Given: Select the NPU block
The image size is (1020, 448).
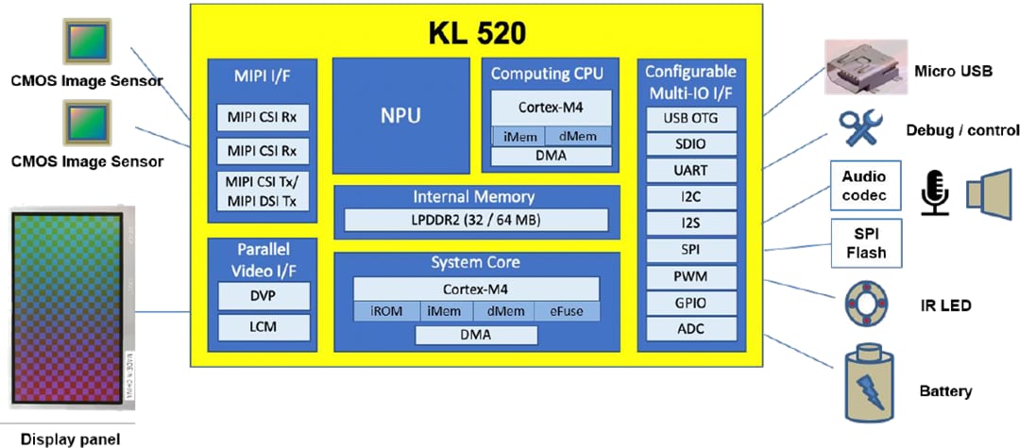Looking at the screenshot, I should [401, 116].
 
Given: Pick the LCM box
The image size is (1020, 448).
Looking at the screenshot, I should [263, 328].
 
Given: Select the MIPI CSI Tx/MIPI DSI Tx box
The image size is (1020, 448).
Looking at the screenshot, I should [262, 191].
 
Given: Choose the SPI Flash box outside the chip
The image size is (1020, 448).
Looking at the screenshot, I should [865, 243].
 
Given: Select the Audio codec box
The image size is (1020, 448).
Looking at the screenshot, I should [865, 187].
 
